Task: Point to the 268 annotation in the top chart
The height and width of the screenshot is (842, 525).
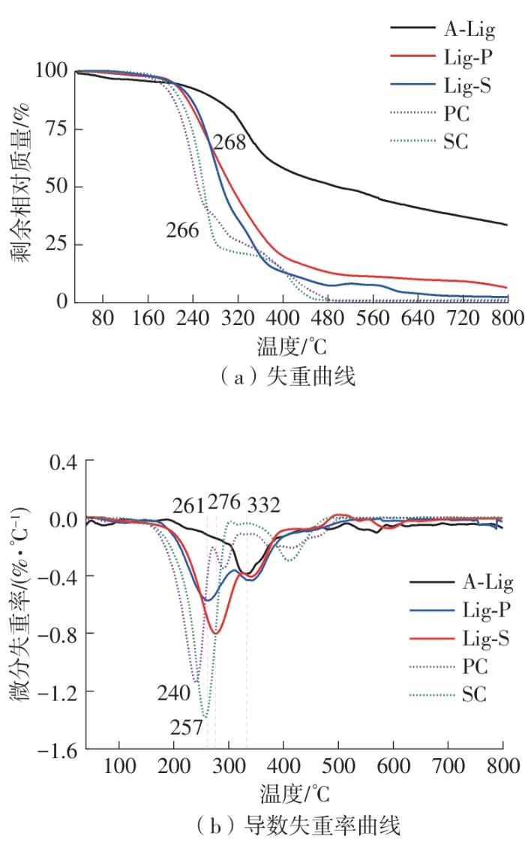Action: pos(228,142)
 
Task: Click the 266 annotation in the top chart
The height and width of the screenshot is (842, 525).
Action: pos(183,230)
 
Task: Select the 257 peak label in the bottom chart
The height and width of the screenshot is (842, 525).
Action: pos(186,727)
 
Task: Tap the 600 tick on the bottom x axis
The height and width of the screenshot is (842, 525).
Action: pos(393,765)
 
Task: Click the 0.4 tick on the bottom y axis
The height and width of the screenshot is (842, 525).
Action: pos(64,462)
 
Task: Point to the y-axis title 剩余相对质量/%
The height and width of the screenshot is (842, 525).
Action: pos(19,185)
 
